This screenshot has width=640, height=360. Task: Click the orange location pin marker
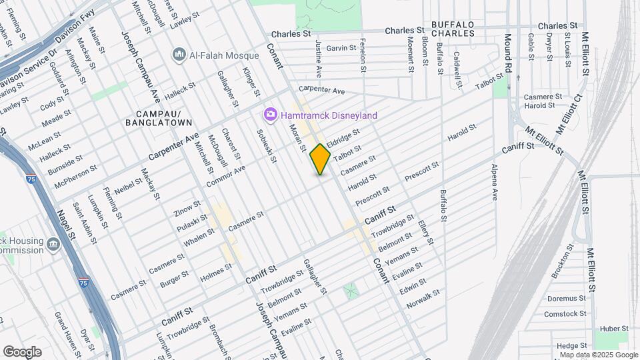[x=321, y=159]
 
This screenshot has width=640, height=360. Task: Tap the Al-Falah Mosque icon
[x=178, y=53]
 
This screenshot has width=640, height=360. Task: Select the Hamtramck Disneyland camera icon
[x=270, y=115]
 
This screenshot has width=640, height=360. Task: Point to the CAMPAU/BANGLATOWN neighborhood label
[x=159, y=118]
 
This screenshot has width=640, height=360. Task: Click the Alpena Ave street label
[x=495, y=183]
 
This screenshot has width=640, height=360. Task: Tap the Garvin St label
[x=341, y=48]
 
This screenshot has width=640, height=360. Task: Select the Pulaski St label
[x=191, y=221]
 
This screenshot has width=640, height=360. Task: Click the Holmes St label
[x=216, y=269]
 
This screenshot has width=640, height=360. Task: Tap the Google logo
[x=22, y=352]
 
